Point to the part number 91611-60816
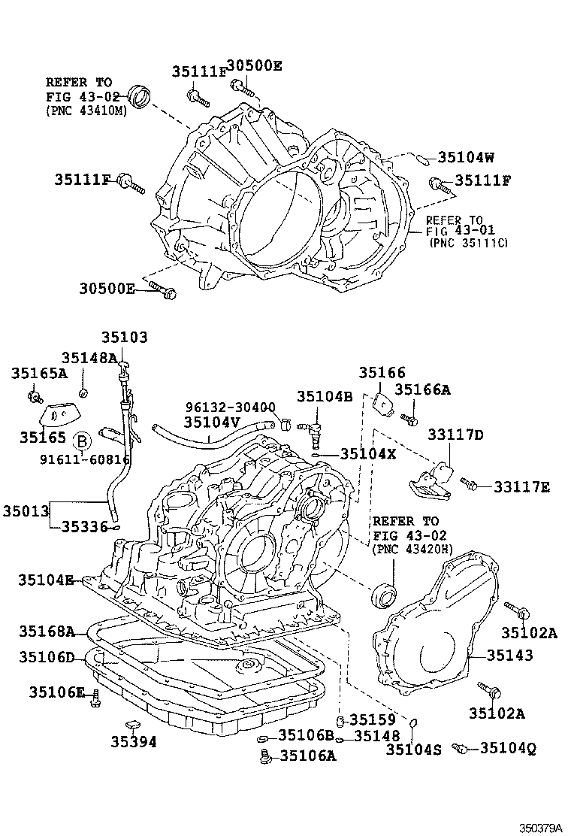click(87, 458)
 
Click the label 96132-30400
click(230, 407)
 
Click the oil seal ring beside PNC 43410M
click(139, 96)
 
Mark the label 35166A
click(422, 389)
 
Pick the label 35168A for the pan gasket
click(47, 631)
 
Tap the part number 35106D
click(47, 659)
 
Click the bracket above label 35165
click(56, 414)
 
